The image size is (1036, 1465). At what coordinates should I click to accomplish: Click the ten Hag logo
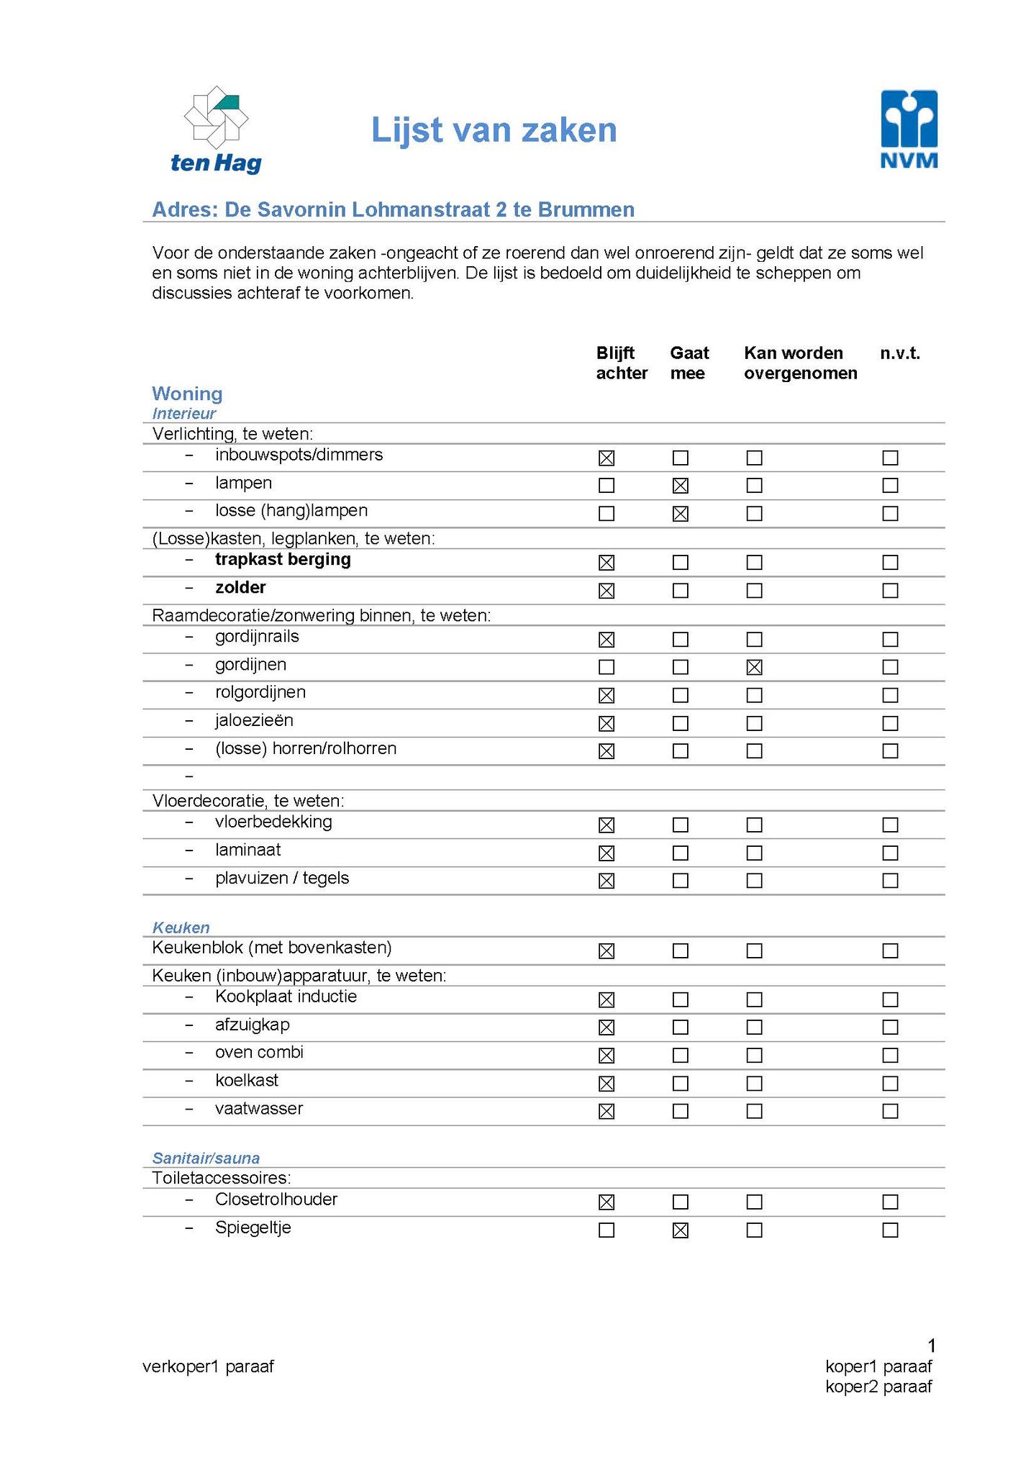pos(216,130)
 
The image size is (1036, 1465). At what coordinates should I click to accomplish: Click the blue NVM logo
pos(909,129)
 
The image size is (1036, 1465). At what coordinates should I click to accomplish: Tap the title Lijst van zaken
pos(494,130)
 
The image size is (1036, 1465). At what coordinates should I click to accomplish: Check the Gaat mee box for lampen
pos(680,486)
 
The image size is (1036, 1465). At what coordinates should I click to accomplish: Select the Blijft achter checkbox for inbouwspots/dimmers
pos(606,458)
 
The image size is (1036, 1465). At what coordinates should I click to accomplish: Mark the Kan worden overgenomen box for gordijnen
pos(754,667)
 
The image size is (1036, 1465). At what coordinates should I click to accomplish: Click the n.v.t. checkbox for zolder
pos(890,591)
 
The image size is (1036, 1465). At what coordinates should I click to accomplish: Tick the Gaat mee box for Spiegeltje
pos(680,1230)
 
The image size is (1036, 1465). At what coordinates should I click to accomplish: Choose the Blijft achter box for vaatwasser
pos(606,1111)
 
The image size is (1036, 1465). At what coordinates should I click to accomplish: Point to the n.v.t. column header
pos(900,353)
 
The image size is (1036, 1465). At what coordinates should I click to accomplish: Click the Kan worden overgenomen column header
pos(800,363)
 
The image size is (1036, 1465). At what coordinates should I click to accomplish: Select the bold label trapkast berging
pos(283,560)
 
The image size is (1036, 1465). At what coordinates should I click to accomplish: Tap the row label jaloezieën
pos(254,720)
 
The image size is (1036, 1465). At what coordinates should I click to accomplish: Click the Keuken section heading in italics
pos(181,927)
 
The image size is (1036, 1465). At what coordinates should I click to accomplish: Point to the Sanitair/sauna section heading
pos(206,1158)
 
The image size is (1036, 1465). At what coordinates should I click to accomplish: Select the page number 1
pos(932,1345)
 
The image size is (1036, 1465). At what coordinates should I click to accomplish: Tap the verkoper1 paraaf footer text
pos(208,1366)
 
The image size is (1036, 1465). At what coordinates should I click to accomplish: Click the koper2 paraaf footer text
pos(878,1386)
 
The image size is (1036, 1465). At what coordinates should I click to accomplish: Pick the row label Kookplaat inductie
pos(286,997)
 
